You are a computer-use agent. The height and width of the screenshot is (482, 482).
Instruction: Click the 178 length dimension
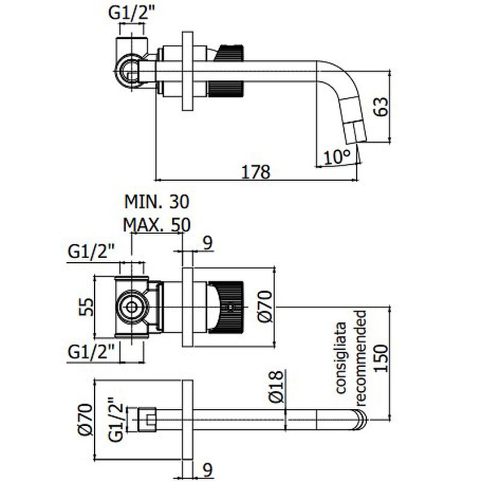pos(255,171)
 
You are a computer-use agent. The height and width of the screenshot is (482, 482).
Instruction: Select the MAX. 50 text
pos(157,225)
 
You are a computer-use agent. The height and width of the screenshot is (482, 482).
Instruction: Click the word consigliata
pos(340,357)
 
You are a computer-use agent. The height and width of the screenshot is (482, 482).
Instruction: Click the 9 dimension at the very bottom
pos(207,469)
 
